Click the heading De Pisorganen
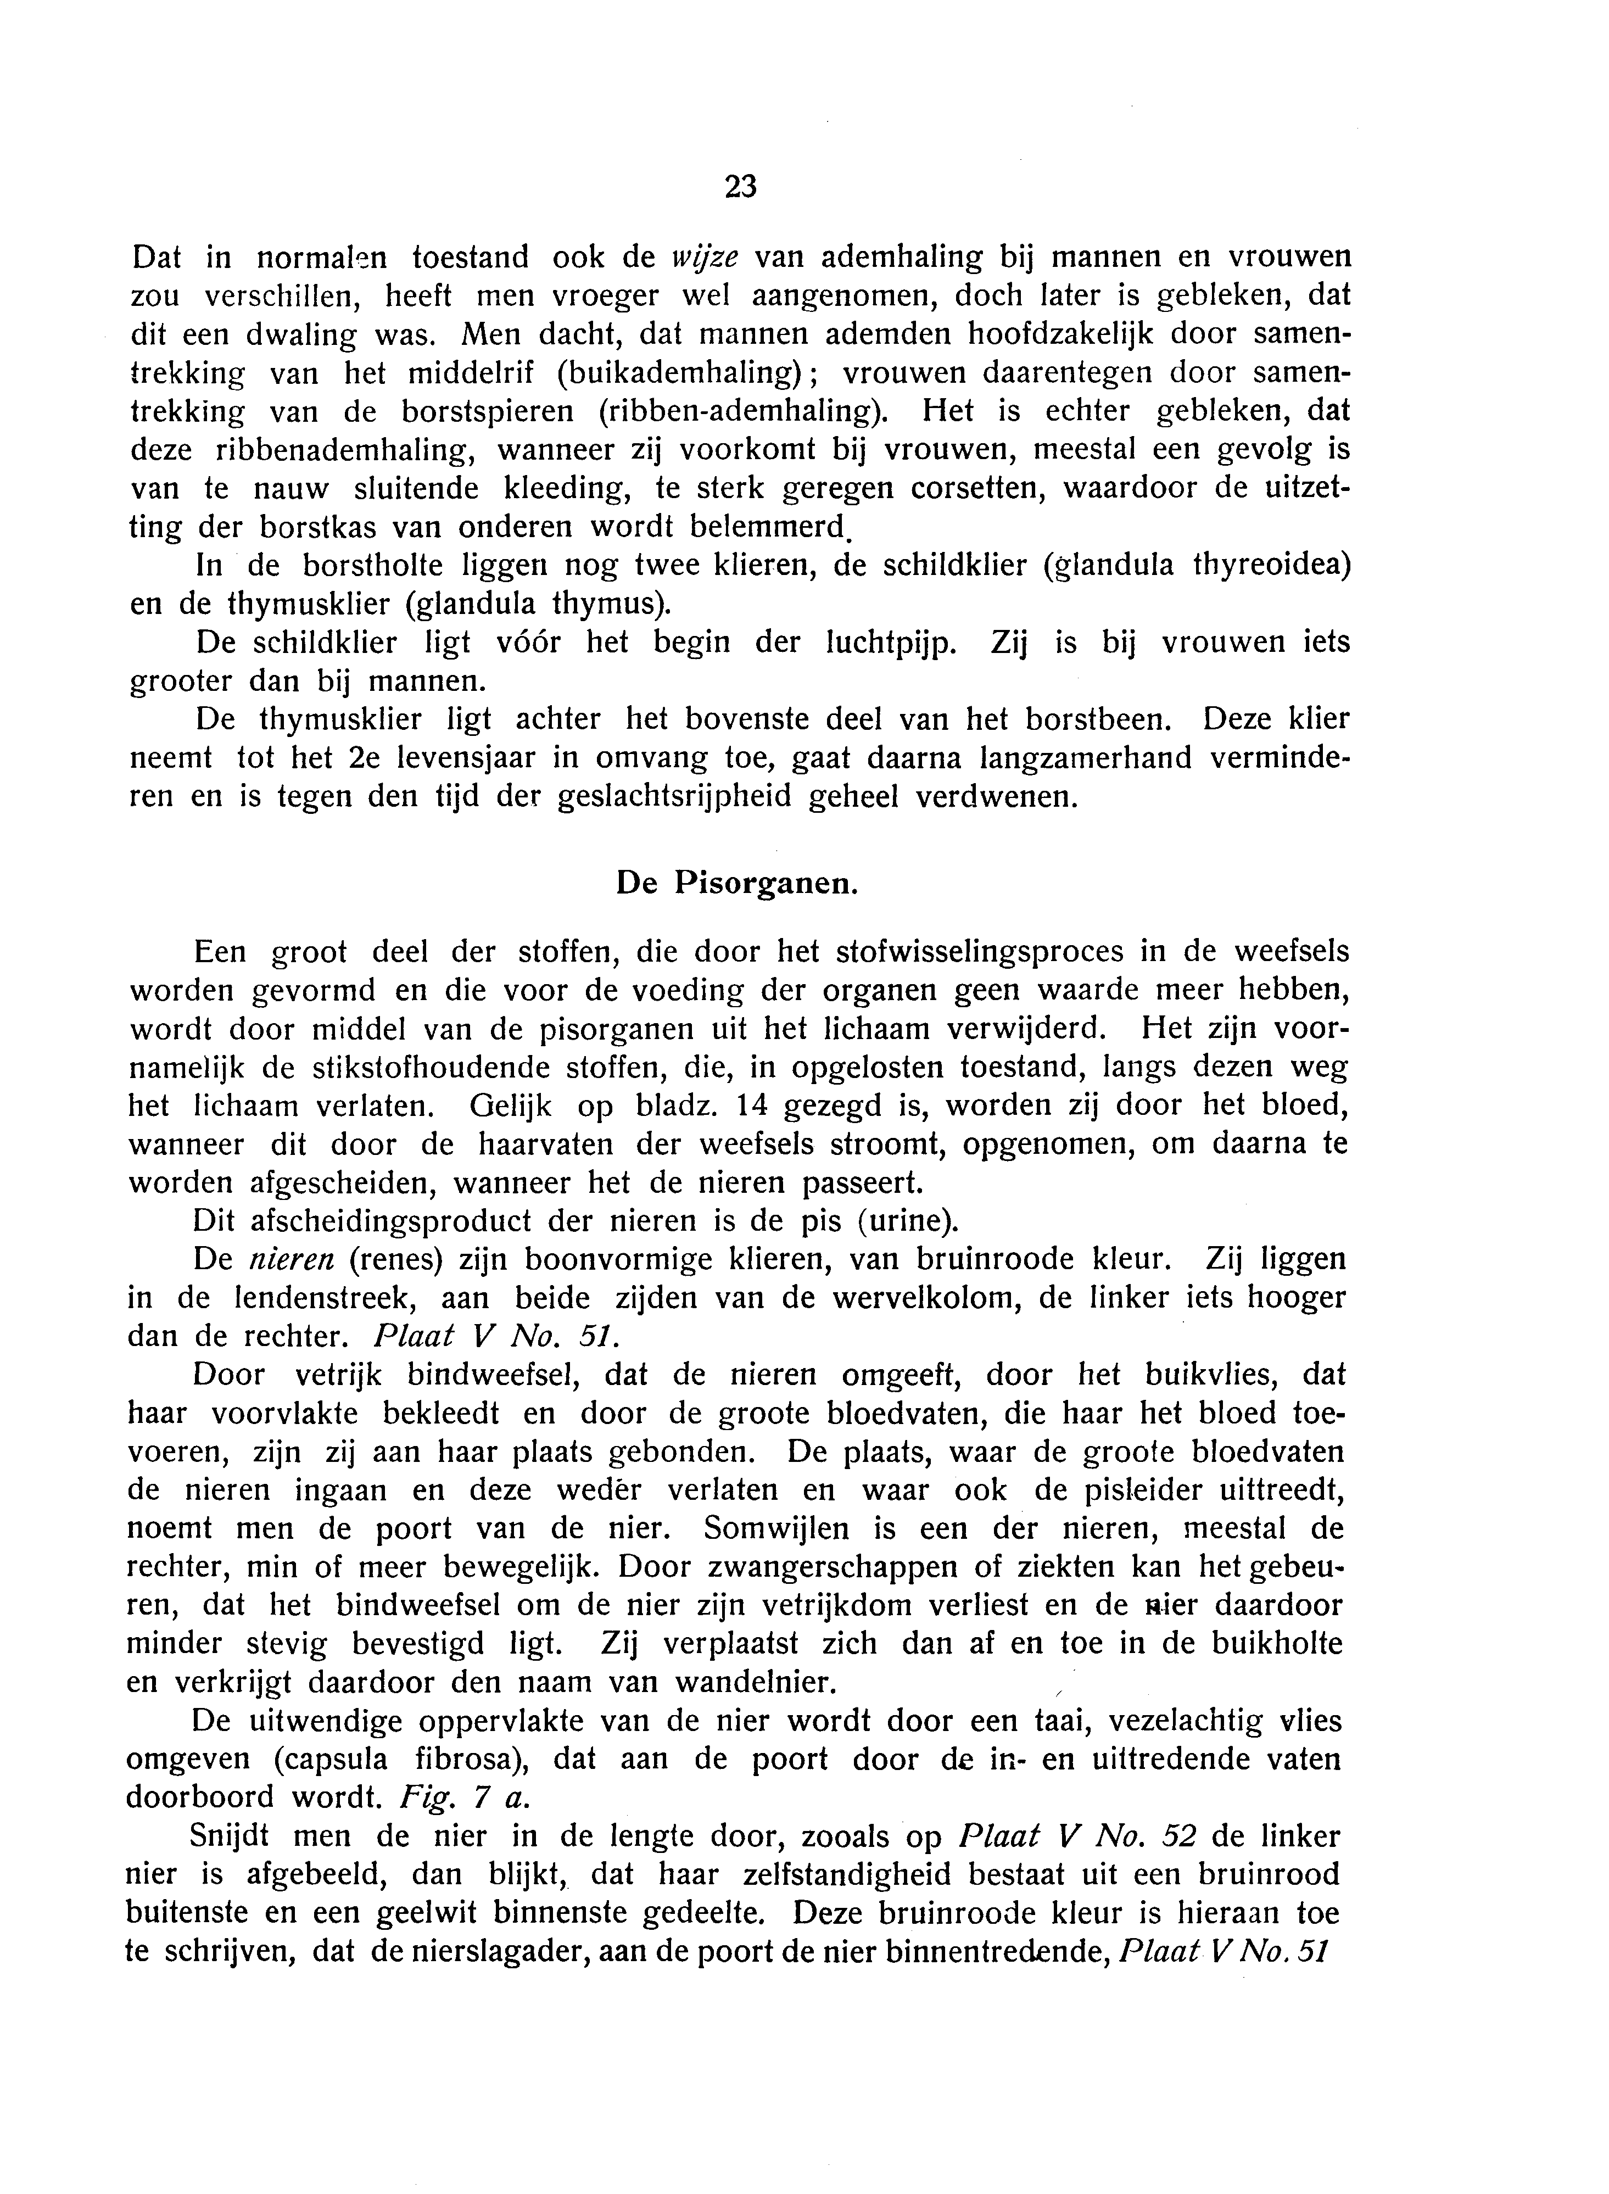click(x=738, y=883)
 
